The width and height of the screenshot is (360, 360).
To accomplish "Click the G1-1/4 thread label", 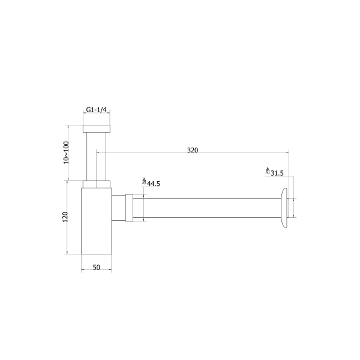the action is [97, 110].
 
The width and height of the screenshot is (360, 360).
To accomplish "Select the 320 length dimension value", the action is [193, 150].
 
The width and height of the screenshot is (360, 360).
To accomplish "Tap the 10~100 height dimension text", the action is [66, 152].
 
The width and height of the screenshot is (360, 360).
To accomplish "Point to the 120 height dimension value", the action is [65, 217].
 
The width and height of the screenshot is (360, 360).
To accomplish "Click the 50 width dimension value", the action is [97, 267].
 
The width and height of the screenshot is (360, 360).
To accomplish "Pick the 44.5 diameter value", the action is [154, 184].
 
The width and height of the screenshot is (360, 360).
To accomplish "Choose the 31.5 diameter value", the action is [277, 173].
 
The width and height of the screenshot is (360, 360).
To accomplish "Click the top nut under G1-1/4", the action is [97, 128].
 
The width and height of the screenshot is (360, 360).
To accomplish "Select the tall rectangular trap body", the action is [97, 221].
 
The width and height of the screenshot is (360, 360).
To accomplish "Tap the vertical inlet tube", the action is [97, 157].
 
